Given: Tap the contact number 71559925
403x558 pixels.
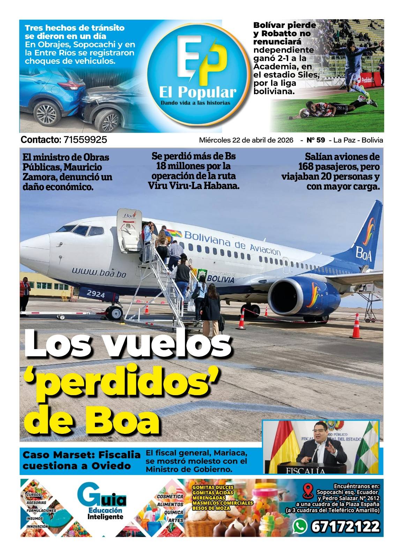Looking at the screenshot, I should (x=85, y=140).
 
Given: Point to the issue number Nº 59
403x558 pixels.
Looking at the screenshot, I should (x=315, y=140).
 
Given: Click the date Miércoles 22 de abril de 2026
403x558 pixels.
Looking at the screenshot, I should (x=246, y=140).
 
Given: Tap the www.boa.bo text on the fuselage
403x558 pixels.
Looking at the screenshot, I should (x=99, y=272).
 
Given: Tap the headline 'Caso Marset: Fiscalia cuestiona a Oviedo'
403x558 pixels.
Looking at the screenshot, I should (x=81, y=460).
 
